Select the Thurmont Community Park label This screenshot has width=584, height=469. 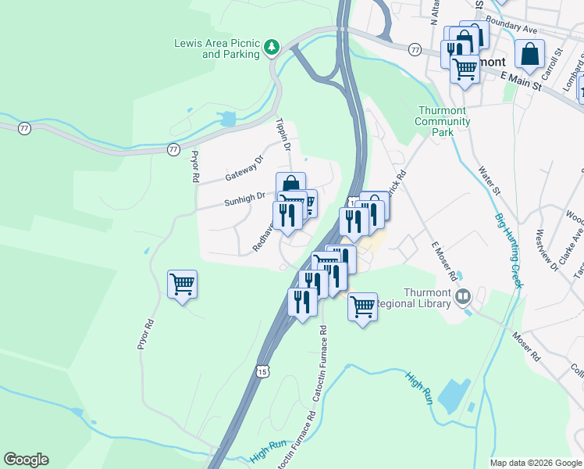[443, 121]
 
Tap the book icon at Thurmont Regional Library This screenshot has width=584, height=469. [464, 296]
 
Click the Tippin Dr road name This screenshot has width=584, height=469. [283, 134]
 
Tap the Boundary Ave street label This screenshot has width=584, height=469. [511, 26]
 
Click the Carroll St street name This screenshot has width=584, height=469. [557, 61]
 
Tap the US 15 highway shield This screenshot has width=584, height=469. [262, 373]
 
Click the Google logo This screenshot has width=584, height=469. [26, 460]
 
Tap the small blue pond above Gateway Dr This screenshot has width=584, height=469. [227, 119]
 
